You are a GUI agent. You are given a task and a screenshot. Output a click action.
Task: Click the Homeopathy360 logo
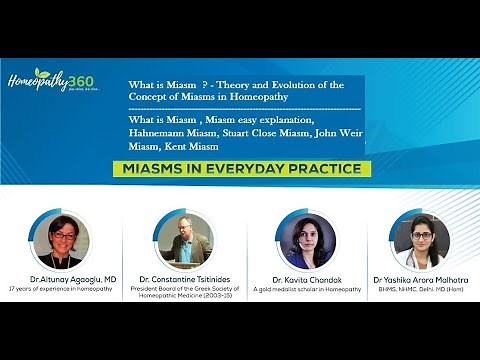[x=51, y=81]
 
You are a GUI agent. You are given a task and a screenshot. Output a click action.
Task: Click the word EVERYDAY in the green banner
[x=250, y=168]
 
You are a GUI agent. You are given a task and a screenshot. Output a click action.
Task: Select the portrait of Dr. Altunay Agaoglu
[x=60, y=240]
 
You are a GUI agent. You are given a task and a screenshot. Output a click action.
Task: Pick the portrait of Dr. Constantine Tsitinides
[x=183, y=240]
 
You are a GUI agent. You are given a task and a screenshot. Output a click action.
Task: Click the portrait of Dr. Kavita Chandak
[x=304, y=241]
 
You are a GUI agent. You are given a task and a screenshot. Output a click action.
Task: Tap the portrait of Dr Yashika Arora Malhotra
[x=420, y=241]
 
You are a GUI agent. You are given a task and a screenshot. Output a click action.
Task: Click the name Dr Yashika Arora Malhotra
[x=420, y=281]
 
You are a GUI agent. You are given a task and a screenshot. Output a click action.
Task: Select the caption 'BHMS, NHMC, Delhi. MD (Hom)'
[x=420, y=291]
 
